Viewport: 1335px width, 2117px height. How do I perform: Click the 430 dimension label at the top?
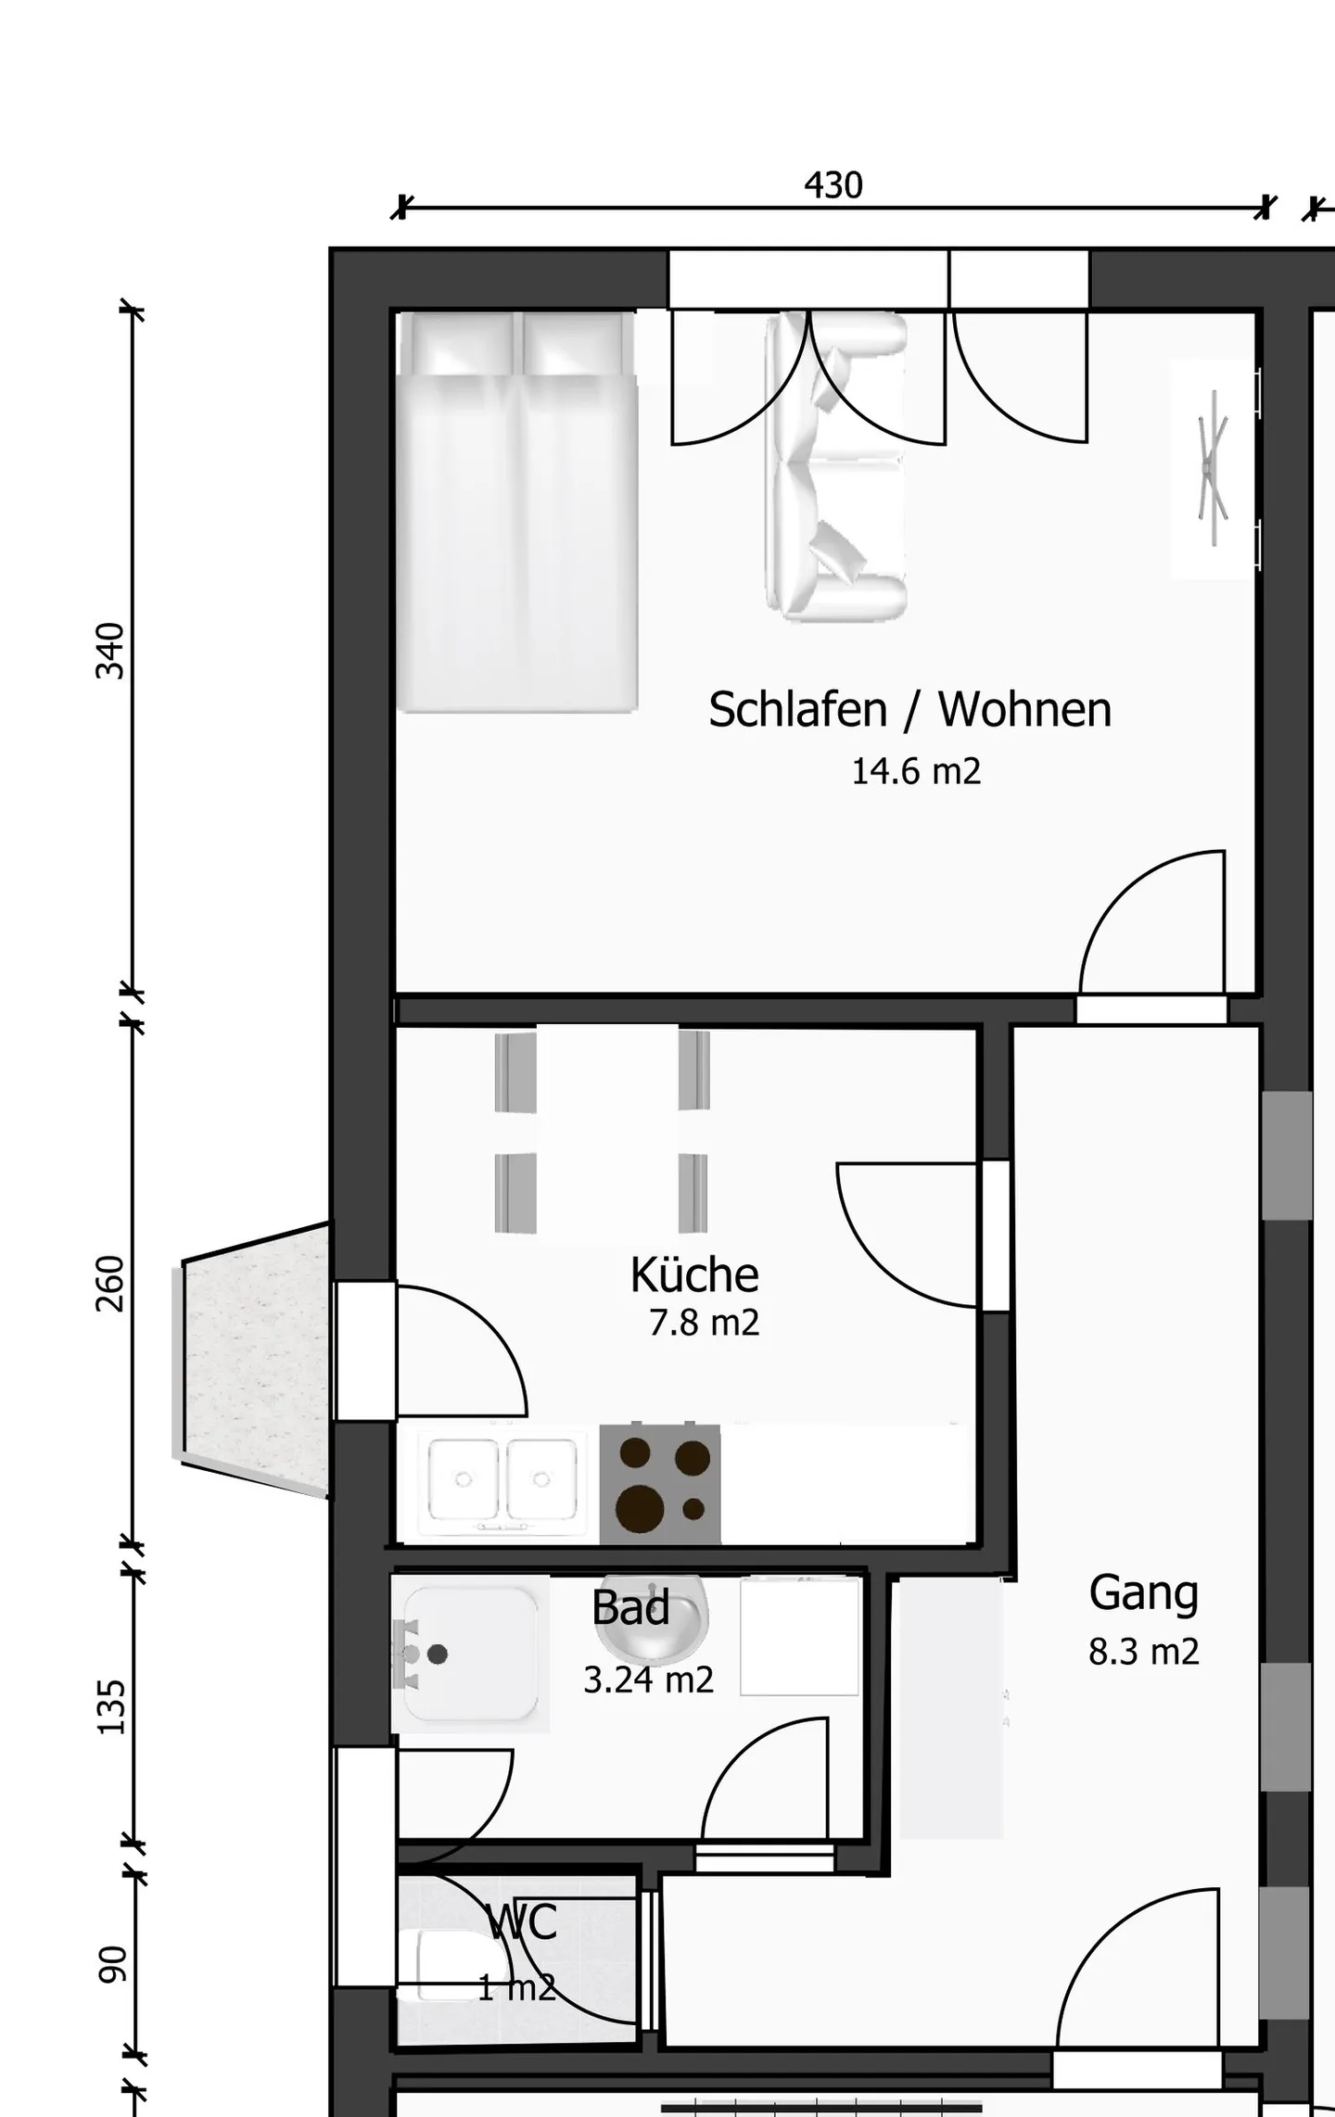(833, 186)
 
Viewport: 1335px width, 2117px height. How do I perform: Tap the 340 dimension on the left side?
(110, 651)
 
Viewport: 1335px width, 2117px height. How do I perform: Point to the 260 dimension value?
(110, 1283)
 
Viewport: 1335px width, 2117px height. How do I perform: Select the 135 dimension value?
(110, 1706)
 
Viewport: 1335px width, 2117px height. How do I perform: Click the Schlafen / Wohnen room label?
(909, 710)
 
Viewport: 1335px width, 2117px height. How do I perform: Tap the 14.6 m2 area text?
(915, 771)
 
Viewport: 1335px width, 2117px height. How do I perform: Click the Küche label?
(694, 1275)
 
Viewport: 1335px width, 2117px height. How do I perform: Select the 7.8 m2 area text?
(704, 1323)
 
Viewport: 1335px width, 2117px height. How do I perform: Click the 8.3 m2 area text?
(1143, 1652)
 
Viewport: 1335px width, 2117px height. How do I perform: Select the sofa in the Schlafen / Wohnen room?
(834, 468)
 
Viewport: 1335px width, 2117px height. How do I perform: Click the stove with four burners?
(660, 1484)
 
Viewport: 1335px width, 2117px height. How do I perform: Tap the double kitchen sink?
(502, 1480)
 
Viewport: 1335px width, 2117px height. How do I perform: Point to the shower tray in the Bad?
(469, 1655)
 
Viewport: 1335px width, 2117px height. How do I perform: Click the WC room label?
(522, 1922)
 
